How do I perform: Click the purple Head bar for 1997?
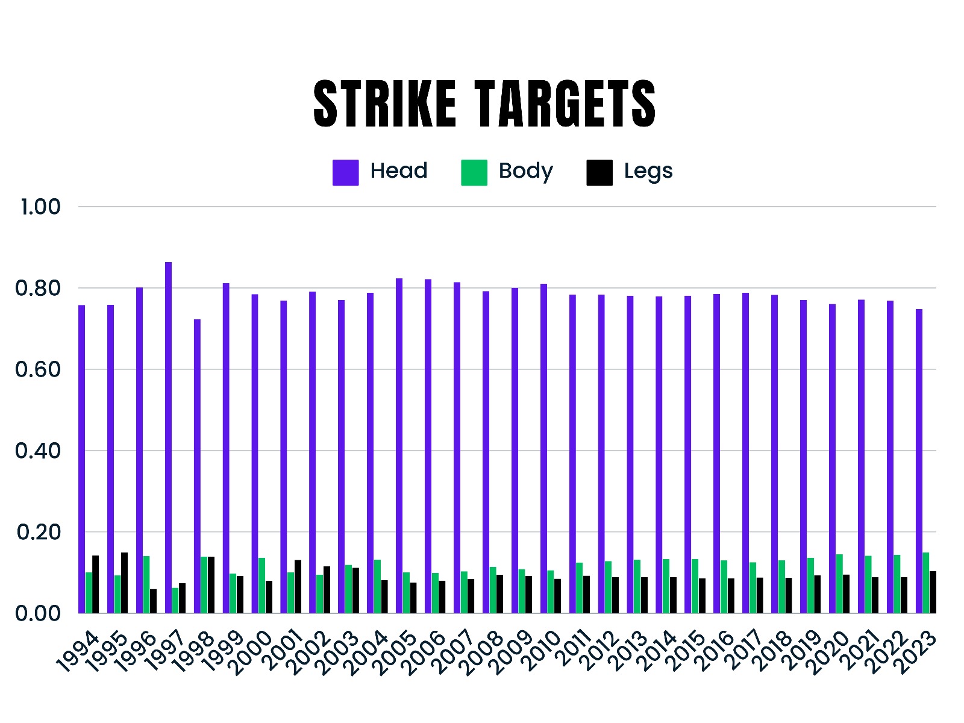[x=168, y=437]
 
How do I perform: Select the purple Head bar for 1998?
[x=197, y=466]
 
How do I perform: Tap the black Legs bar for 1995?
[x=124, y=583]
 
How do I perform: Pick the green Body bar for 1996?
[x=146, y=584]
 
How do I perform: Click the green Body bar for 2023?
[x=926, y=583]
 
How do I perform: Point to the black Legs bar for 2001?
[x=298, y=586]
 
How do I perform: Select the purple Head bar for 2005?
[x=399, y=445]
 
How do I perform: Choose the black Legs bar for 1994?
[x=95, y=584]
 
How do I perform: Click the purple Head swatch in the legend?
[x=345, y=172]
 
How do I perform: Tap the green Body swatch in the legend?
[x=474, y=172]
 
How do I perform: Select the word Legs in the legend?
[x=648, y=171]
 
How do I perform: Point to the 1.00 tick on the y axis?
[x=40, y=207]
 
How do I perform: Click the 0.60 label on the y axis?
[x=38, y=369]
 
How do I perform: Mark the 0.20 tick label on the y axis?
[x=39, y=532]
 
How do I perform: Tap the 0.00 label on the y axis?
[x=38, y=613]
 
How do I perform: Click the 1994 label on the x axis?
[x=77, y=651]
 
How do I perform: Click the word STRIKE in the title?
[x=384, y=104]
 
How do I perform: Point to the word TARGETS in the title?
[x=565, y=104]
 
